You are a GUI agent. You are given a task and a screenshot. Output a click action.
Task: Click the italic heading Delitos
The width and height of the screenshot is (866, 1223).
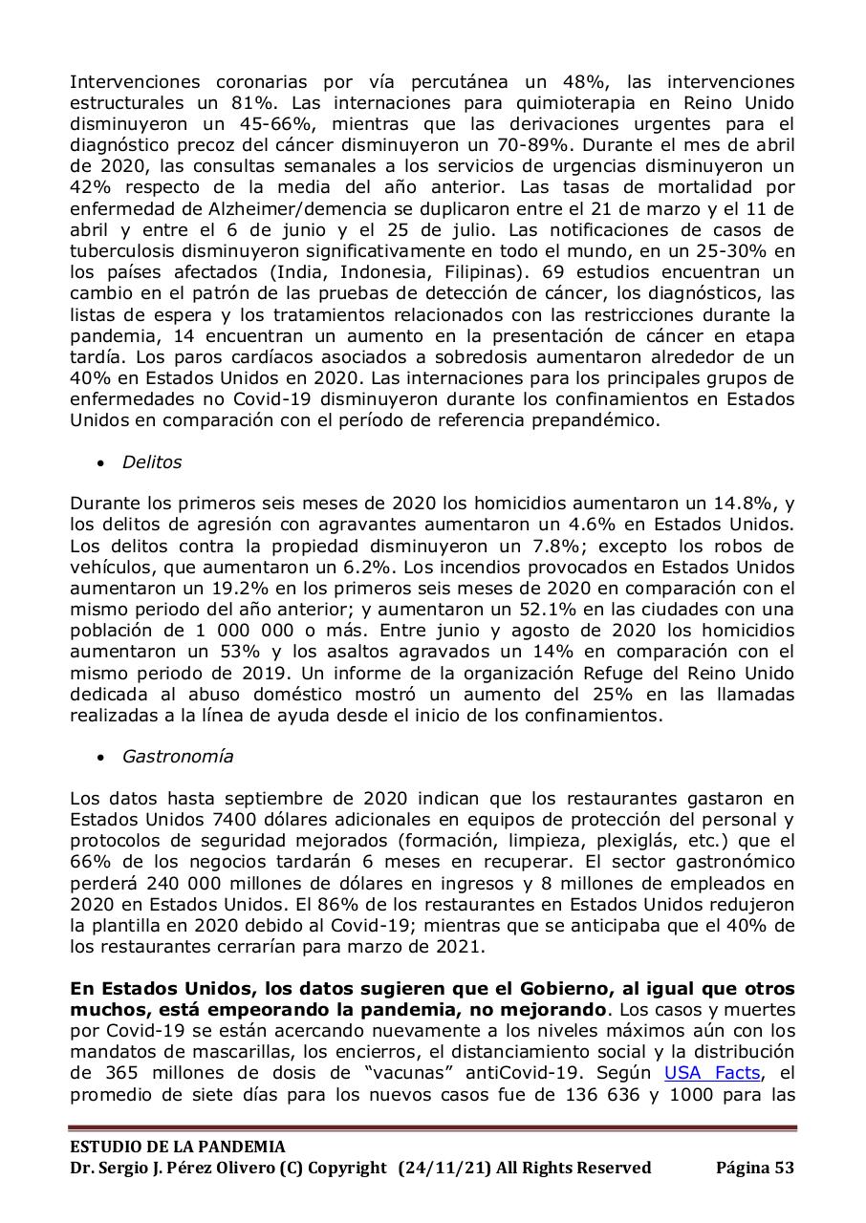[x=151, y=462]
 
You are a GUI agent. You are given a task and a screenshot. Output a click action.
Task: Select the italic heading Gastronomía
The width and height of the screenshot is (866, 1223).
[x=177, y=757]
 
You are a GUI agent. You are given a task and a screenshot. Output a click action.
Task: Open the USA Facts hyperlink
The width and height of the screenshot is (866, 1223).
[x=712, y=1073]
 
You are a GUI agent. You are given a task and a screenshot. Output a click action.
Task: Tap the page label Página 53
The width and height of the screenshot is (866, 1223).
[x=754, y=1168]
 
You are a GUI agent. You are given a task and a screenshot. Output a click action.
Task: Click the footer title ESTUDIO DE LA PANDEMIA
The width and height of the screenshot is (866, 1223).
[x=178, y=1147]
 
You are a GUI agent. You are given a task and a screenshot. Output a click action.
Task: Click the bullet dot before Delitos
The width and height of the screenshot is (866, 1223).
[x=101, y=463]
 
